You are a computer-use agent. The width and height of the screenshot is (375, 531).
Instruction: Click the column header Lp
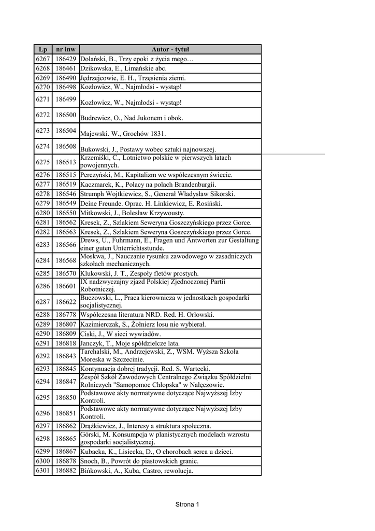(43, 49)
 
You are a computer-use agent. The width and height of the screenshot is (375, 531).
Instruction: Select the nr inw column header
(66, 49)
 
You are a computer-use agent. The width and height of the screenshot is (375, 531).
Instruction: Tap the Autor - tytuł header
(170, 49)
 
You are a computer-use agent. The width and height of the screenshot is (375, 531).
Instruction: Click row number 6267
(43, 59)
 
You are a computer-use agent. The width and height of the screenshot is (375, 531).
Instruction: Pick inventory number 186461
(66, 68)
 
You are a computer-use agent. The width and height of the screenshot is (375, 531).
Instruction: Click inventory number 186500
(66, 115)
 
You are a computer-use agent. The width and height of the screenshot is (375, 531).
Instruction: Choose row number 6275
(43, 162)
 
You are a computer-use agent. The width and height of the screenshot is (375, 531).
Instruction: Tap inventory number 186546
(66, 193)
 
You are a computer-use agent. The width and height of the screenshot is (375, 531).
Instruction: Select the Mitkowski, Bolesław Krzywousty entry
(136, 213)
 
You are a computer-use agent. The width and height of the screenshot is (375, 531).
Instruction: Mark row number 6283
(43, 244)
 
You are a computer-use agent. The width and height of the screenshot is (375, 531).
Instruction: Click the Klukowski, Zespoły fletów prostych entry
(139, 273)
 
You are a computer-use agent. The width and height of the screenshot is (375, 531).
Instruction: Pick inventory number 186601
(66, 286)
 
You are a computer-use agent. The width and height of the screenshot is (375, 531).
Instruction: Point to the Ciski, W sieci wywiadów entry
(121, 333)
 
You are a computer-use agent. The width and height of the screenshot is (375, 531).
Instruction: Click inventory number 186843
(66, 356)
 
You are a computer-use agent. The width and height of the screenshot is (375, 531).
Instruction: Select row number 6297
(43, 426)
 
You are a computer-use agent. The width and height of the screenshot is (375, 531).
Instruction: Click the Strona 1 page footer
(187, 504)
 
